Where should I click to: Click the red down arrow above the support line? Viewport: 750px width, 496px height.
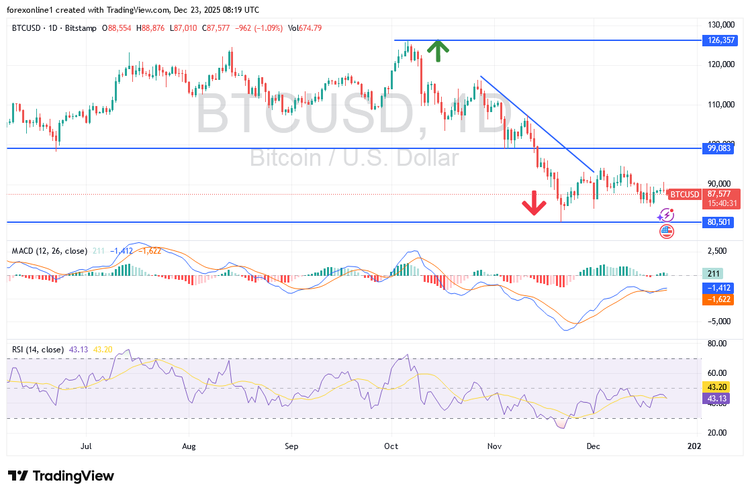pyautogui.click(x=534, y=203)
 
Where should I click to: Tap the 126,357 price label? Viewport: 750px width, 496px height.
pyautogui.click(x=718, y=40)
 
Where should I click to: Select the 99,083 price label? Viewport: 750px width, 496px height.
pyautogui.click(x=718, y=148)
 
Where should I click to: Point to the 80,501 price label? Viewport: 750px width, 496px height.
pyautogui.click(x=718, y=222)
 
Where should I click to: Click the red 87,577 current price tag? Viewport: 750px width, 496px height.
pyautogui.click(x=718, y=194)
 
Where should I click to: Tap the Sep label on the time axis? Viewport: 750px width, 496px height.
pyautogui.click(x=291, y=445)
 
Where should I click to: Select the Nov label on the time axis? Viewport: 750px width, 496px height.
pyautogui.click(x=495, y=445)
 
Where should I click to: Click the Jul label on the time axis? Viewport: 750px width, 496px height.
pyautogui.click(x=86, y=445)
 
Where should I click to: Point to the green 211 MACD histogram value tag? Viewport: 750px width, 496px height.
pyautogui.click(x=712, y=273)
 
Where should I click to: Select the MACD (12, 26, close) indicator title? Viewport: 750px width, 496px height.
pyautogui.click(x=50, y=251)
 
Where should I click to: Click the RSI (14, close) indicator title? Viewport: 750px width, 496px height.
pyautogui.click(x=38, y=350)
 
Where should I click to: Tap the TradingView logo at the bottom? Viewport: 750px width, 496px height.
pyautogui.click(x=62, y=476)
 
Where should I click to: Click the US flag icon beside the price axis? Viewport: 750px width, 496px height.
pyautogui.click(x=666, y=232)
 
